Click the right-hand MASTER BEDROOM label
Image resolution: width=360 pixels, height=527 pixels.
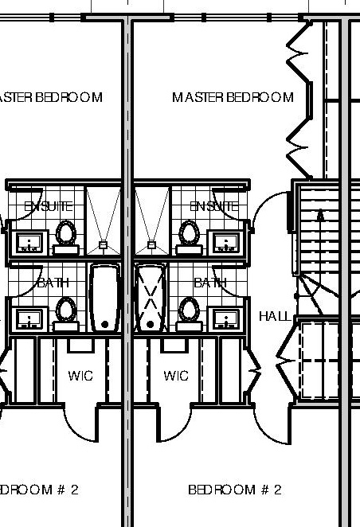coord(233,98)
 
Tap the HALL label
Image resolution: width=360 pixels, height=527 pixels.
coord(275,316)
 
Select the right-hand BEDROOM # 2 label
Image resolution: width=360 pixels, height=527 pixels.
coord(235,490)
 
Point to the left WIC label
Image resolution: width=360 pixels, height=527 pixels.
coord(80,376)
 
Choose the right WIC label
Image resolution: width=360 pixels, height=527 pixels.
coord(176,376)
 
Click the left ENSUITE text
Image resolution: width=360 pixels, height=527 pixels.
coord(49,206)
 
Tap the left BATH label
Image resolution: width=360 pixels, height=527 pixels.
coord(53,282)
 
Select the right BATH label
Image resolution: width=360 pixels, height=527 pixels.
coord(210,282)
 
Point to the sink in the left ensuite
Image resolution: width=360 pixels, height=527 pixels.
coord(30,243)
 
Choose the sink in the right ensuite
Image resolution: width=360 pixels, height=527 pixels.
coord(226,243)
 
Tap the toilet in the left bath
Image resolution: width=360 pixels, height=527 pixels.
coord(66,311)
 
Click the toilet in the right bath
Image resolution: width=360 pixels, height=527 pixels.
coord(190,311)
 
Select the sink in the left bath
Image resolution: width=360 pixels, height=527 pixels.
coord(30,318)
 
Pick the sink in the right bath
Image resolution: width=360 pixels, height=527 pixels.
coord(226,318)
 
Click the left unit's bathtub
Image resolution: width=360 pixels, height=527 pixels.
coord(104,297)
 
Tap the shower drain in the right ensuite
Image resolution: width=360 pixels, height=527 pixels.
coord(152,244)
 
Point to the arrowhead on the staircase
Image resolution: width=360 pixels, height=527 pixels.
coord(321,215)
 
